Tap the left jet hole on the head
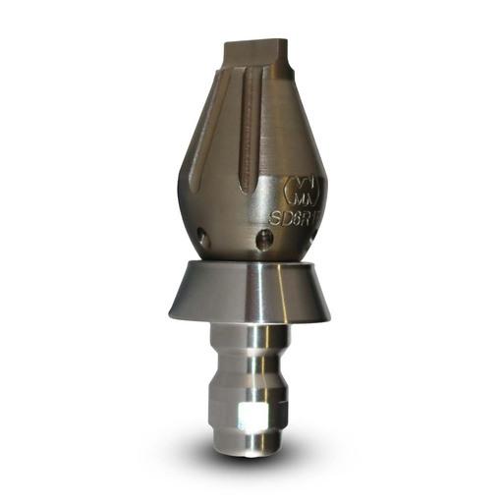pyautogui.click(x=200, y=235)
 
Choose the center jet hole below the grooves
pyautogui.click(x=263, y=239)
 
